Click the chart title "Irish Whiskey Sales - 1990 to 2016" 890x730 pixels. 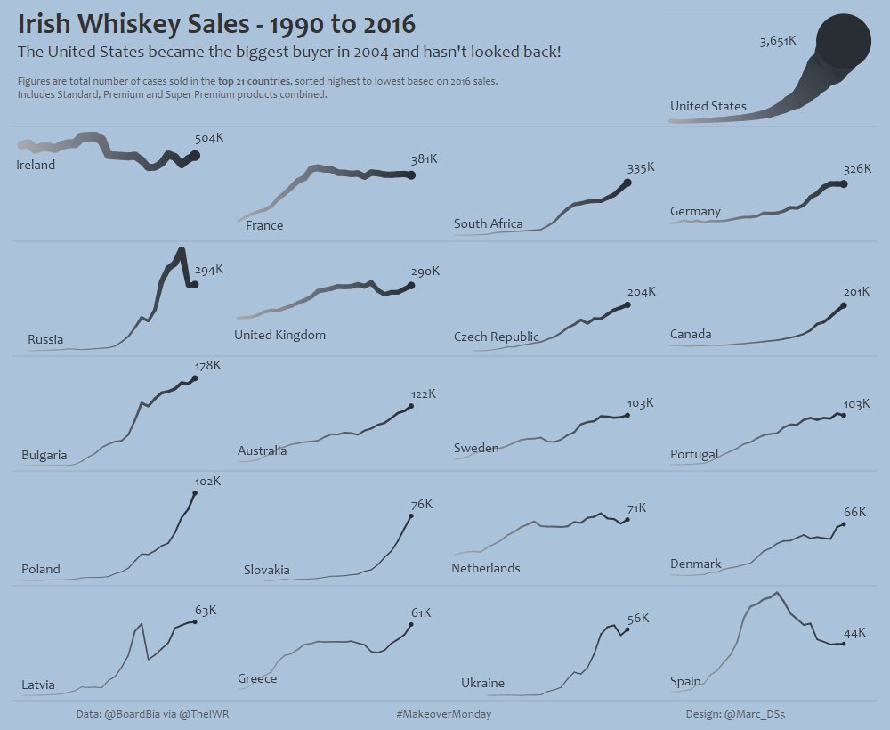(217, 24)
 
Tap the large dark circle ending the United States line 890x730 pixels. (841, 41)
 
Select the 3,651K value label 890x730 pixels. (777, 42)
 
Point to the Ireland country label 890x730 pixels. (36, 165)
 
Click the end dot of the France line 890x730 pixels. (411, 175)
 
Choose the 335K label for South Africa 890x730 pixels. (640, 167)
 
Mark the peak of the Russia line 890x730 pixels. (182, 250)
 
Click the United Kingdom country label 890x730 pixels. (279, 335)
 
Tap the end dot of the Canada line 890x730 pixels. (843, 306)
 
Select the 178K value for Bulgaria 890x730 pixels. (207, 365)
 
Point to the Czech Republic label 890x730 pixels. (496, 337)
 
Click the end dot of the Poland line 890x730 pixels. (195, 492)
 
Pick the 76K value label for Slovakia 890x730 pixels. (421, 504)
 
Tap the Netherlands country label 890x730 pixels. (485, 568)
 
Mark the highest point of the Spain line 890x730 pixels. (777, 593)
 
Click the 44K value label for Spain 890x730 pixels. (854, 633)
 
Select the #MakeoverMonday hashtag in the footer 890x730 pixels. (443, 714)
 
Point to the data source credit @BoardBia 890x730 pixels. (133, 714)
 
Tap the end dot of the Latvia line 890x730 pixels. (195, 621)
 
